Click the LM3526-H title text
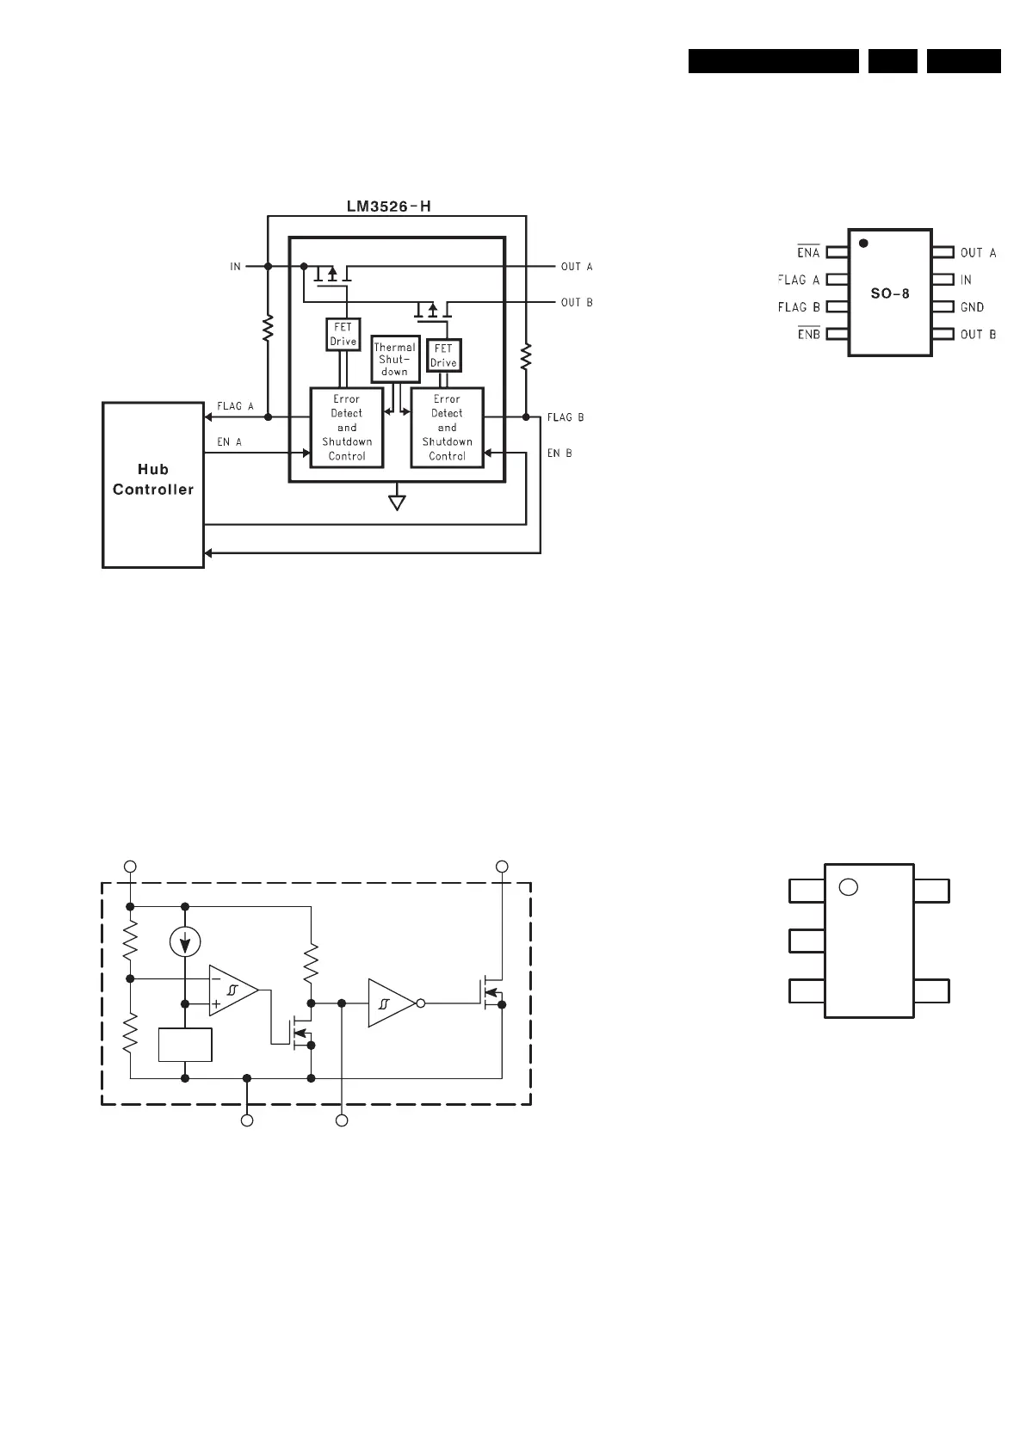pyautogui.click(x=388, y=207)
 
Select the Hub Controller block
pyautogui.click(x=153, y=484)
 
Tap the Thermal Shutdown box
pyautogui.click(x=395, y=359)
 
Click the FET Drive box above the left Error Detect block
pyautogui.click(x=343, y=335)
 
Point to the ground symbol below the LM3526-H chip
pyautogui.click(x=397, y=500)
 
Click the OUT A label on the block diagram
pyautogui.click(x=577, y=267)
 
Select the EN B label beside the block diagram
pyautogui.click(x=559, y=453)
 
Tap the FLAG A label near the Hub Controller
pyautogui.click(x=235, y=406)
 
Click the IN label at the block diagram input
pyautogui.click(x=235, y=267)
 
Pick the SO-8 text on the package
pyautogui.click(x=890, y=293)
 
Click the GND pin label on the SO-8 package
pyautogui.click(x=972, y=307)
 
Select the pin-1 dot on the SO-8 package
pyautogui.click(x=863, y=244)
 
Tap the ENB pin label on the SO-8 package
pyautogui.click(x=808, y=334)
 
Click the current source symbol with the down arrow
pyautogui.click(x=185, y=943)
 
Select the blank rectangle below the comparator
pyautogui.click(x=185, y=1045)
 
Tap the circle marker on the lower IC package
pyautogui.click(x=848, y=887)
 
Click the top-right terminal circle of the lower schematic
pyautogui.click(x=502, y=866)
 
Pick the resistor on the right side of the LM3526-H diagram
pyautogui.click(x=526, y=355)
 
